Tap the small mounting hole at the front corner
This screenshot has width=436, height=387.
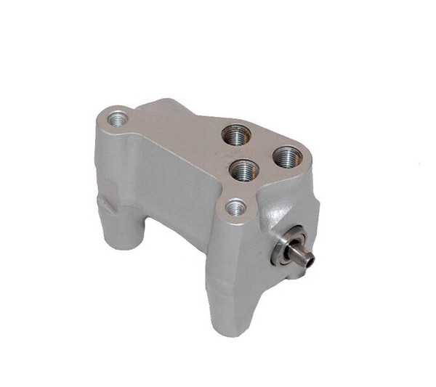[235, 208]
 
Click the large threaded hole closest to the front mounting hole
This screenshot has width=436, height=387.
[243, 169]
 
